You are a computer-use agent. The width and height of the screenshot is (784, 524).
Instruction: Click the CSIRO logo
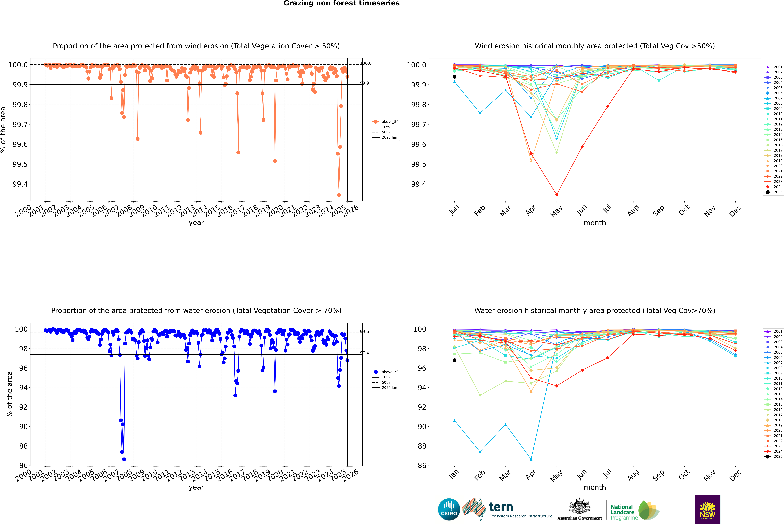click(x=449, y=509)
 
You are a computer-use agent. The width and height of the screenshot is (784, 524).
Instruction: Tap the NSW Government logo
click(x=707, y=509)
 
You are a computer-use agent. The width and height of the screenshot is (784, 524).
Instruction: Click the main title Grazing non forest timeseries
click(x=342, y=3)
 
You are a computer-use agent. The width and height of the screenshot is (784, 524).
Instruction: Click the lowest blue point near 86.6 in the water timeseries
click(x=124, y=459)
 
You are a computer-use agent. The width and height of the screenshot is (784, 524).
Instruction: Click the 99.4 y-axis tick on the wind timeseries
click(x=20, y=184)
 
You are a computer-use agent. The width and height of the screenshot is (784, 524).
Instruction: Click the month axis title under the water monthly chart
click(x=594, y=487)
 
